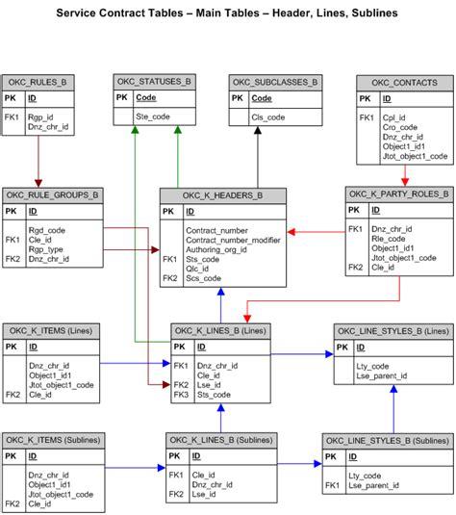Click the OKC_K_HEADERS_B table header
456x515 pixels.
coord(223,195)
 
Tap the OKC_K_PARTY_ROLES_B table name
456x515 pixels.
coord(398,193)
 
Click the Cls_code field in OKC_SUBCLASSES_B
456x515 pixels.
coord(267,116)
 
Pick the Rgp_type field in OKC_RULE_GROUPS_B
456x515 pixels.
coord(46,249)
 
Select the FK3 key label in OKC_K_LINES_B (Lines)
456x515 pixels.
coord(180,395)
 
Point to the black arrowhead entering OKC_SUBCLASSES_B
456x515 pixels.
coord(257,133)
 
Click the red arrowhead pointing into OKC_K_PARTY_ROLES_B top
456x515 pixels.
coord(405,180)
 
